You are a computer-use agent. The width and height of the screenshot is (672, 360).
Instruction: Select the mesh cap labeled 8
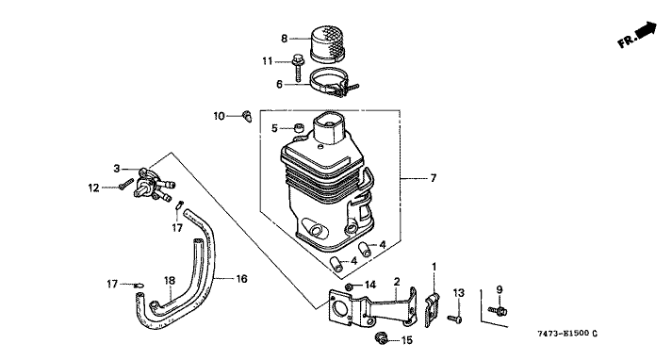tap(327, 43)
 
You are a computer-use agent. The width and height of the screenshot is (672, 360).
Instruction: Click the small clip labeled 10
tap(247, 116)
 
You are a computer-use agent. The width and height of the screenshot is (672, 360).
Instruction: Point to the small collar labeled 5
tap(298, 127)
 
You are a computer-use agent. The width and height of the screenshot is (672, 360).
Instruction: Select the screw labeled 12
tap(123, 185)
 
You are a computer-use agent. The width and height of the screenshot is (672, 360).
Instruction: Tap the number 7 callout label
tap(434, 178)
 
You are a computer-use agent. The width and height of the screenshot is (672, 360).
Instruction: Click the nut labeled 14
tap(349, 286)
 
